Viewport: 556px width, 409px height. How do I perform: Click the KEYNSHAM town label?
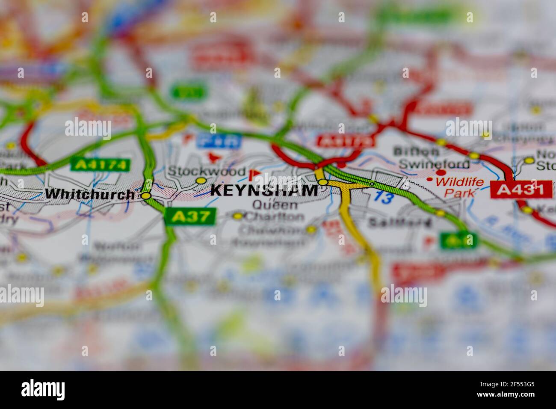(x=264, y=190)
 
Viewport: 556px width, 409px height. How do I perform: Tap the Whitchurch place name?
(x=89, y=194)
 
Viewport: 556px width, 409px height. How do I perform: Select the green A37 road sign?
(x=190, y=216)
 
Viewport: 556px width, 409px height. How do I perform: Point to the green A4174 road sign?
(x=101, y=165)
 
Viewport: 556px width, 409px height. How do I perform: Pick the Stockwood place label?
(x=206, y=171)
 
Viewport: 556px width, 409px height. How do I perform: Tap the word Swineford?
(x=434, y=164)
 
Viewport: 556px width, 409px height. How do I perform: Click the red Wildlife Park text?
(x=460, y=187)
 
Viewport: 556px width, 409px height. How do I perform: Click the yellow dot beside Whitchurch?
(x=146, y=196)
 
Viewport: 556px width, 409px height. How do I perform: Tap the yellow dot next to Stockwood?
(x=201, y=181)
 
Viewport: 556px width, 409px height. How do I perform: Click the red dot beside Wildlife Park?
(x=429, y=179)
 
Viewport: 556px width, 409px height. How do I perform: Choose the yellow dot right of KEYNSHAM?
(x=323, y=182)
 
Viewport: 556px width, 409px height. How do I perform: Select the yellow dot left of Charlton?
(x=238, y=216)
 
